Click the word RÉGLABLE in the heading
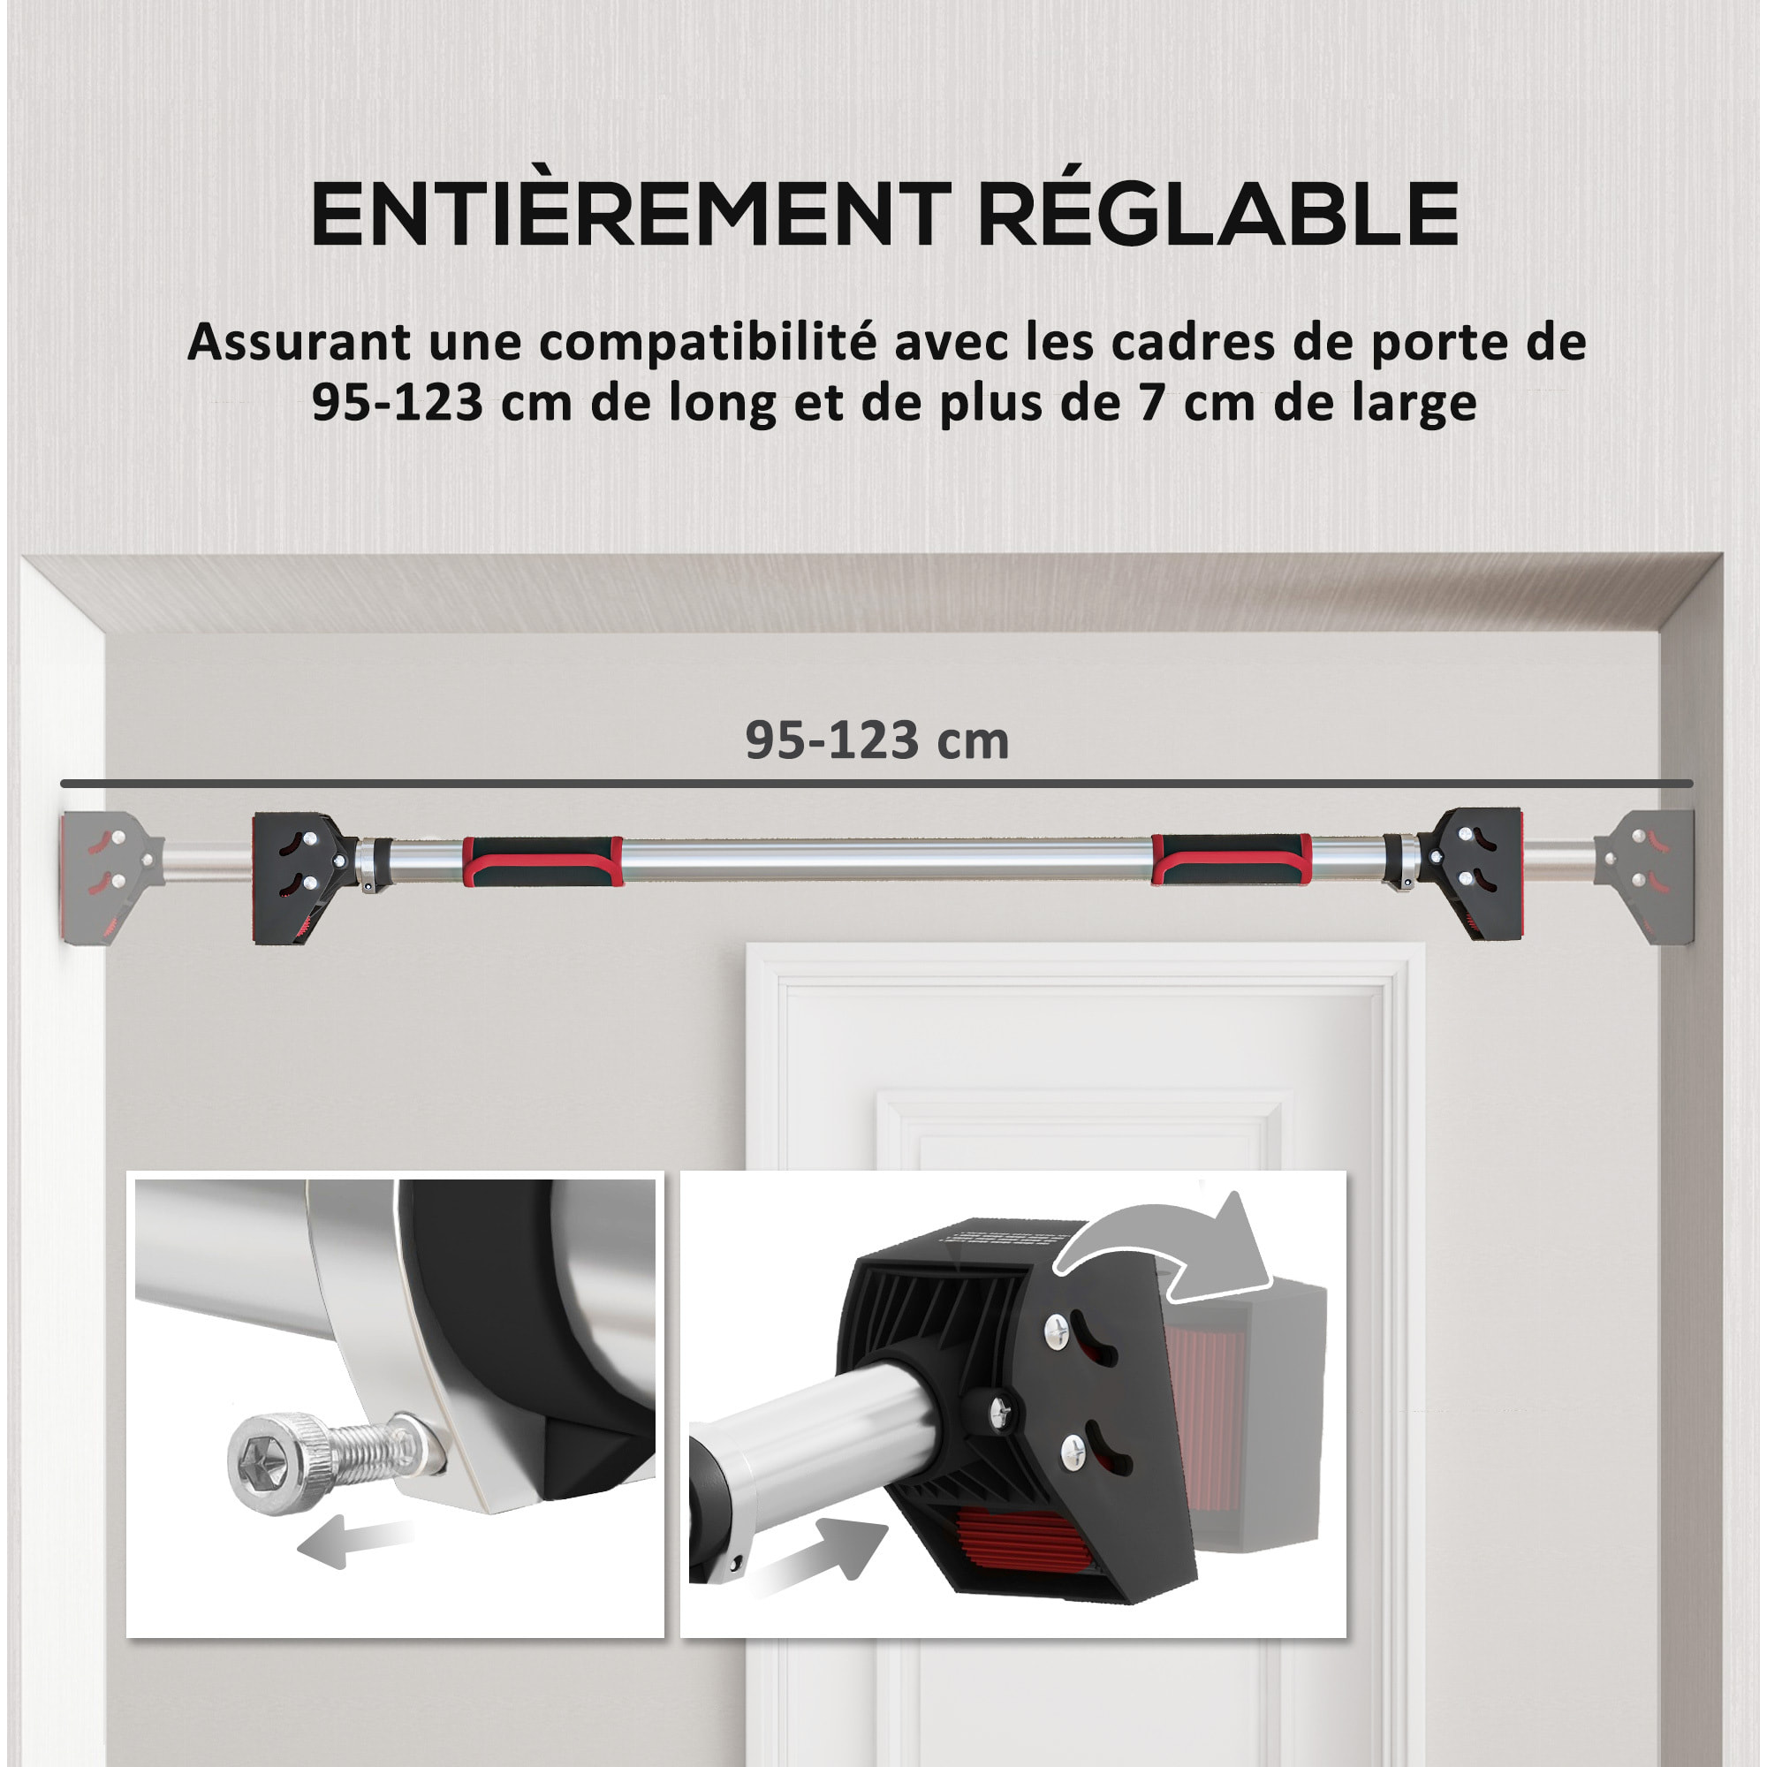pos(1218,215)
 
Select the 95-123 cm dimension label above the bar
pos(876,741)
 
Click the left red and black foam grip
pos(542,861)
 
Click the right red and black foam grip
pos(1230,861)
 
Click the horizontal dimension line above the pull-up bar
pos(876,784)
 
